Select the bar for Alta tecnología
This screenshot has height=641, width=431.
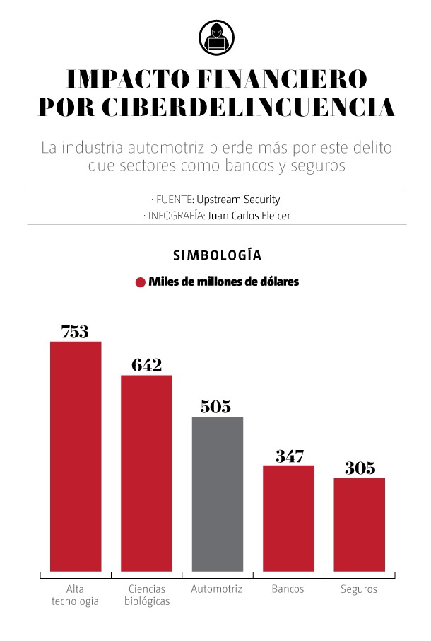76,456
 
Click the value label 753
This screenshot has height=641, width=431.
75,331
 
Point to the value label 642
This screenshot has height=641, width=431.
146,365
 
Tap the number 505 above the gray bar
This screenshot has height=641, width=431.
215,407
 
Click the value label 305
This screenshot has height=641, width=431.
360,468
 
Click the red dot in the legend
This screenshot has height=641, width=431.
140,282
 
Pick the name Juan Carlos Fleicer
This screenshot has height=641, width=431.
249,216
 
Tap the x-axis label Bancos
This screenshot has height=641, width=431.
288,589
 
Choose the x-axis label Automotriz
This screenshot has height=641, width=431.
217,589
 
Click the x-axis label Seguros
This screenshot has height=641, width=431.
359,589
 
